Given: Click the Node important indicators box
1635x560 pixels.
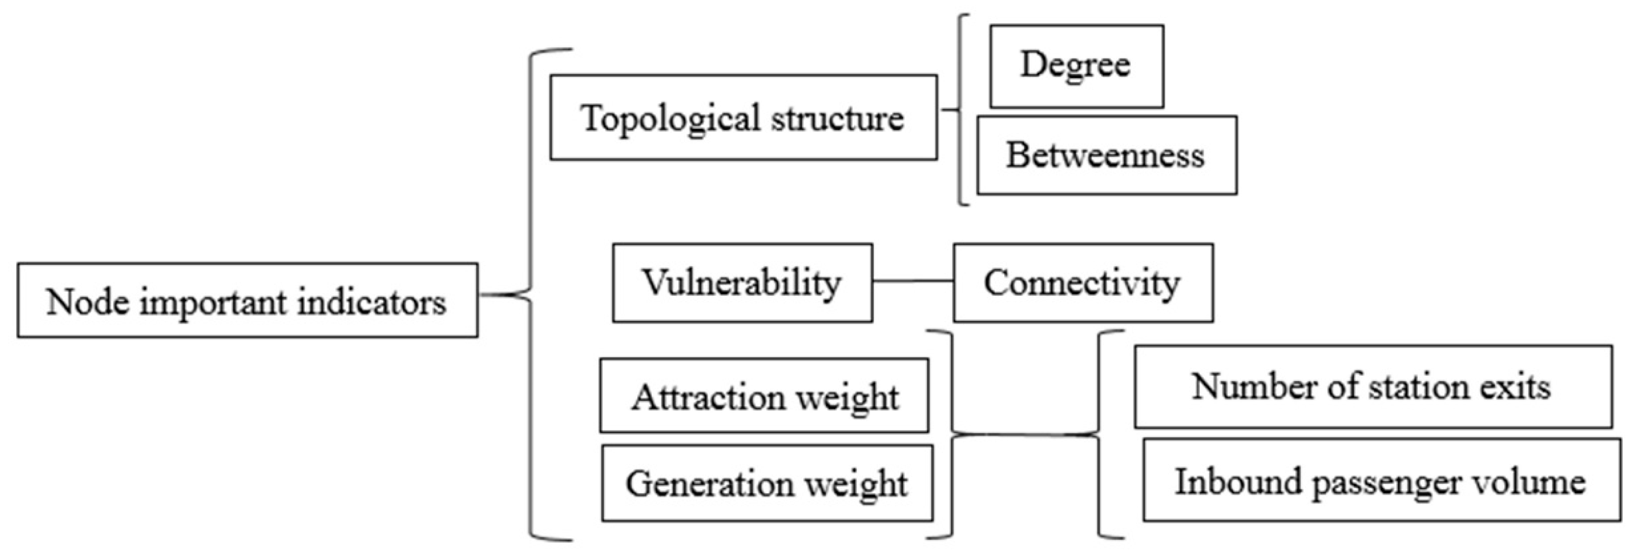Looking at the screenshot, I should [x=247, y=300].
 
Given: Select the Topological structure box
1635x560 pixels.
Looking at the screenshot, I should [x=743, y=118].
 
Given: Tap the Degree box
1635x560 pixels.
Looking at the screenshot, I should [x=1076, y=66].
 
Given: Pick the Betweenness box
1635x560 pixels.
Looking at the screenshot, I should [x=1106, y=155].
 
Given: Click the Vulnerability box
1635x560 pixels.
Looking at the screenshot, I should [x=742, y=282].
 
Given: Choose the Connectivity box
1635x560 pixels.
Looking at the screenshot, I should [x=1083, y=282].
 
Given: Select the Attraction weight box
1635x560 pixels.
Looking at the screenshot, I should [x=764, y=396].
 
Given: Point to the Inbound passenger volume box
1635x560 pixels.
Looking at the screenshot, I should [x=1381, y=480].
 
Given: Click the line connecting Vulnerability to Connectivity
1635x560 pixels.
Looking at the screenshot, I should [x=913, y=280].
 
